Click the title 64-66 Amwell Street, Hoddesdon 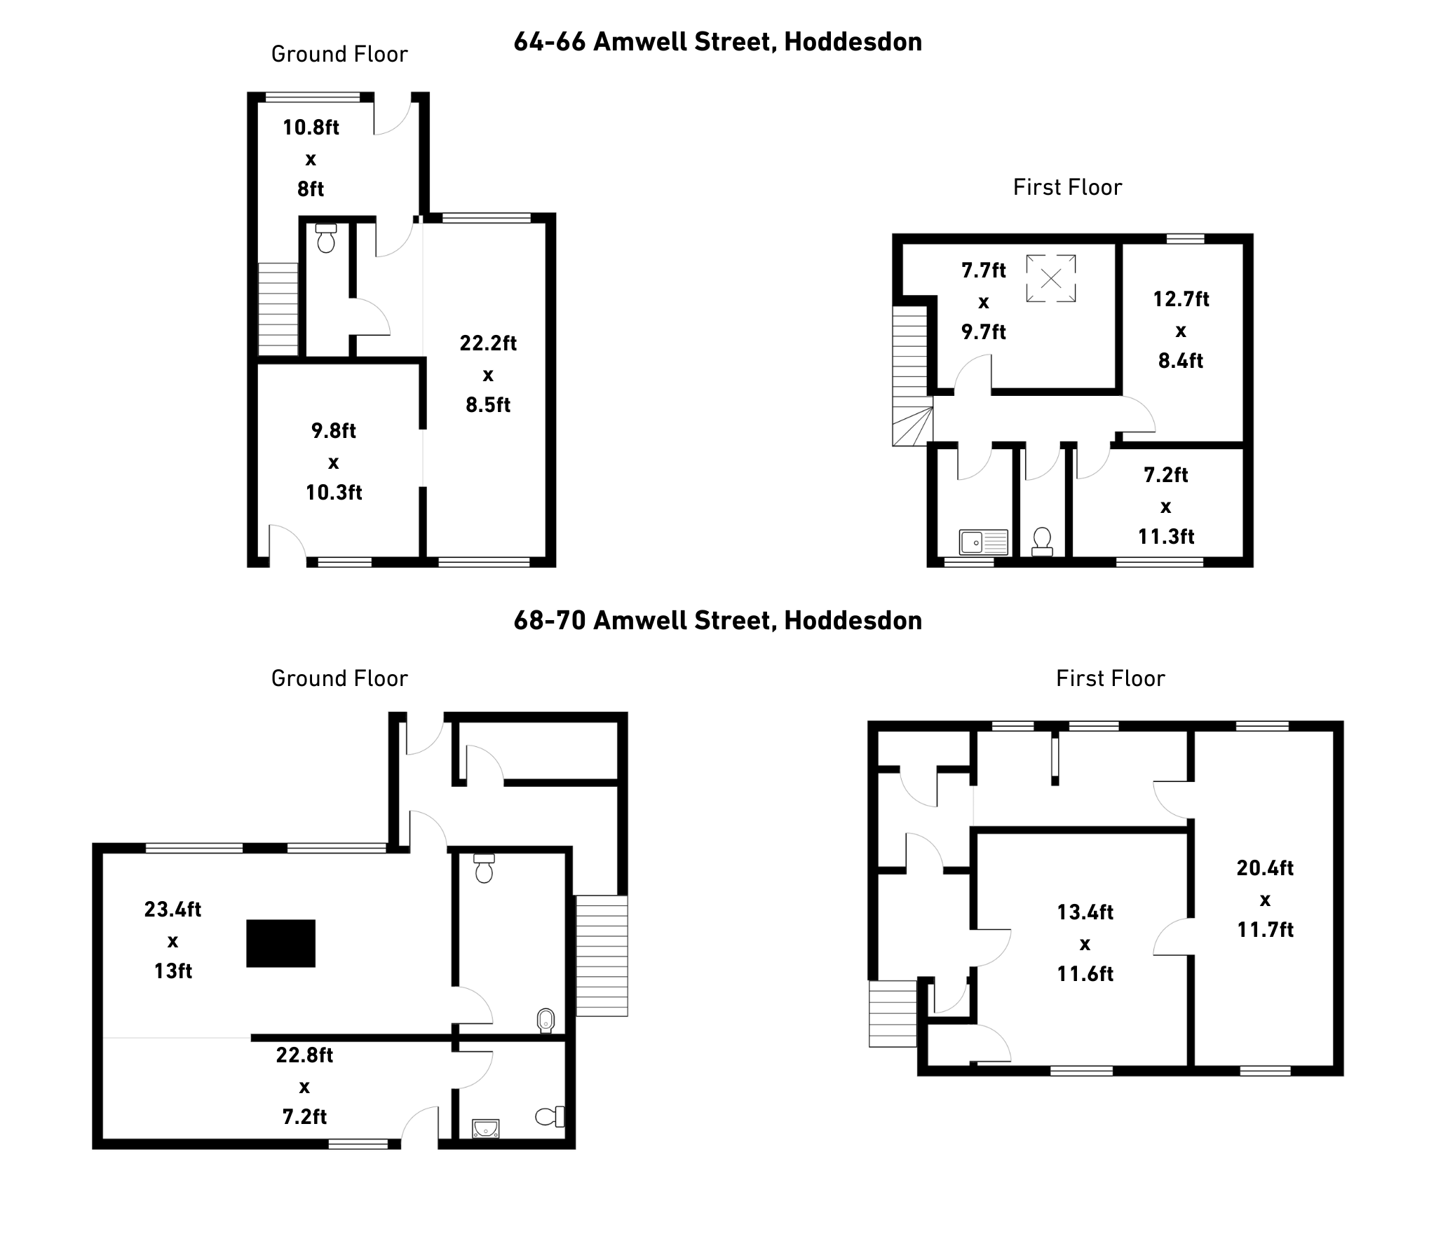tap(717, 42)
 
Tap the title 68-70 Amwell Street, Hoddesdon tap(717, 621)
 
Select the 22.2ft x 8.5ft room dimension tap(488, 374)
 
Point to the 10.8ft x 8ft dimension tap(311, 158)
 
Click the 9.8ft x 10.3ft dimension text tap(334, 462)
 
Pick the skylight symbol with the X tap(1051, 279)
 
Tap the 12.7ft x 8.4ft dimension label tap(1181, 330)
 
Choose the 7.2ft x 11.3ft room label tap(1166, 506)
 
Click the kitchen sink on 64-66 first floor tap(984, 542)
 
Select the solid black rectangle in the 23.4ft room tap(280, 943)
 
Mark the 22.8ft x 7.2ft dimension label tap(304, 1086)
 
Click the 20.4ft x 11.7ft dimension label tap(1265, 899)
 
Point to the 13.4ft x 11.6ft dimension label tap(1085, 943)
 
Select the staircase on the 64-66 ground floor tap(278, 309)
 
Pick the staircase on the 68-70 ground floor tap(602, 956)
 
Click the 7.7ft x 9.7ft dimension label tap(984, 301)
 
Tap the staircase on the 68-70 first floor tap(893, 1013)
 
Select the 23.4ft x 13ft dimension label tap(172, 940)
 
